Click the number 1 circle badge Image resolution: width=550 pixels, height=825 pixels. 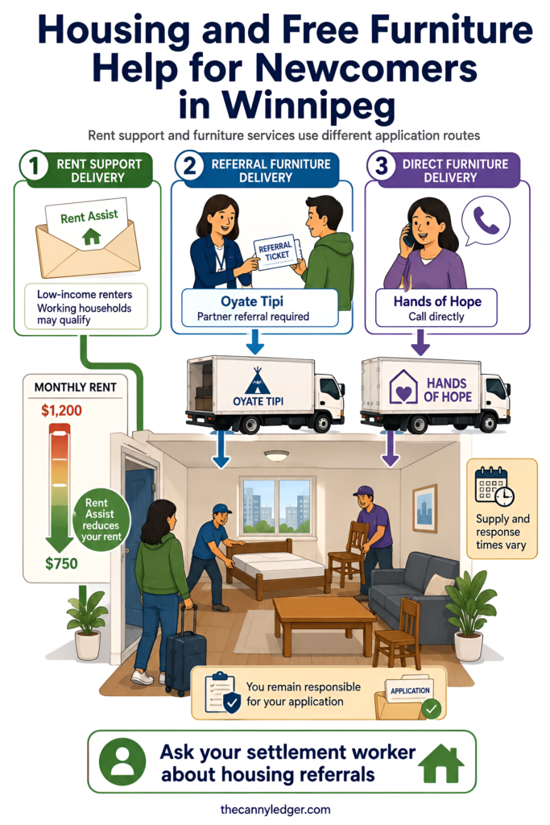(34, 166)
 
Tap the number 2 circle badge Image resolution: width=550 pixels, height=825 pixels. (189, 166)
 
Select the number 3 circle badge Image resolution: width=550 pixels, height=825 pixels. (381, 166)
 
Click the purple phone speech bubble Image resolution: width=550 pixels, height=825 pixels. (485, 221)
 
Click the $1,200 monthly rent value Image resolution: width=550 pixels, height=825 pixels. (61, 410)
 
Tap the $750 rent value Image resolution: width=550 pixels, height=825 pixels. (61, 563)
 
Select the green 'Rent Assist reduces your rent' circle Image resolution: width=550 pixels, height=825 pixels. (101, 520)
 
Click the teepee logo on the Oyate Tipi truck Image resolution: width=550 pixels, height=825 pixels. (257, 380)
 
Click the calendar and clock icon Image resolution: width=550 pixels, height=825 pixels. (494, 486)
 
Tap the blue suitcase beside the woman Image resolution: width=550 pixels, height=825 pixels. (185, 651)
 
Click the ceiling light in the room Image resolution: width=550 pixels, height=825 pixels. (276, 455)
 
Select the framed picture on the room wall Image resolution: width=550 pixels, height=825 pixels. (425, 508)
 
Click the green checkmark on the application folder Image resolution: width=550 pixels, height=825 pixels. (432, 709)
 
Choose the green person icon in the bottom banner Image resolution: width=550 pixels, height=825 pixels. (123, 761)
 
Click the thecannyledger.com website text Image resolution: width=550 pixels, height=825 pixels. (275, 809)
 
